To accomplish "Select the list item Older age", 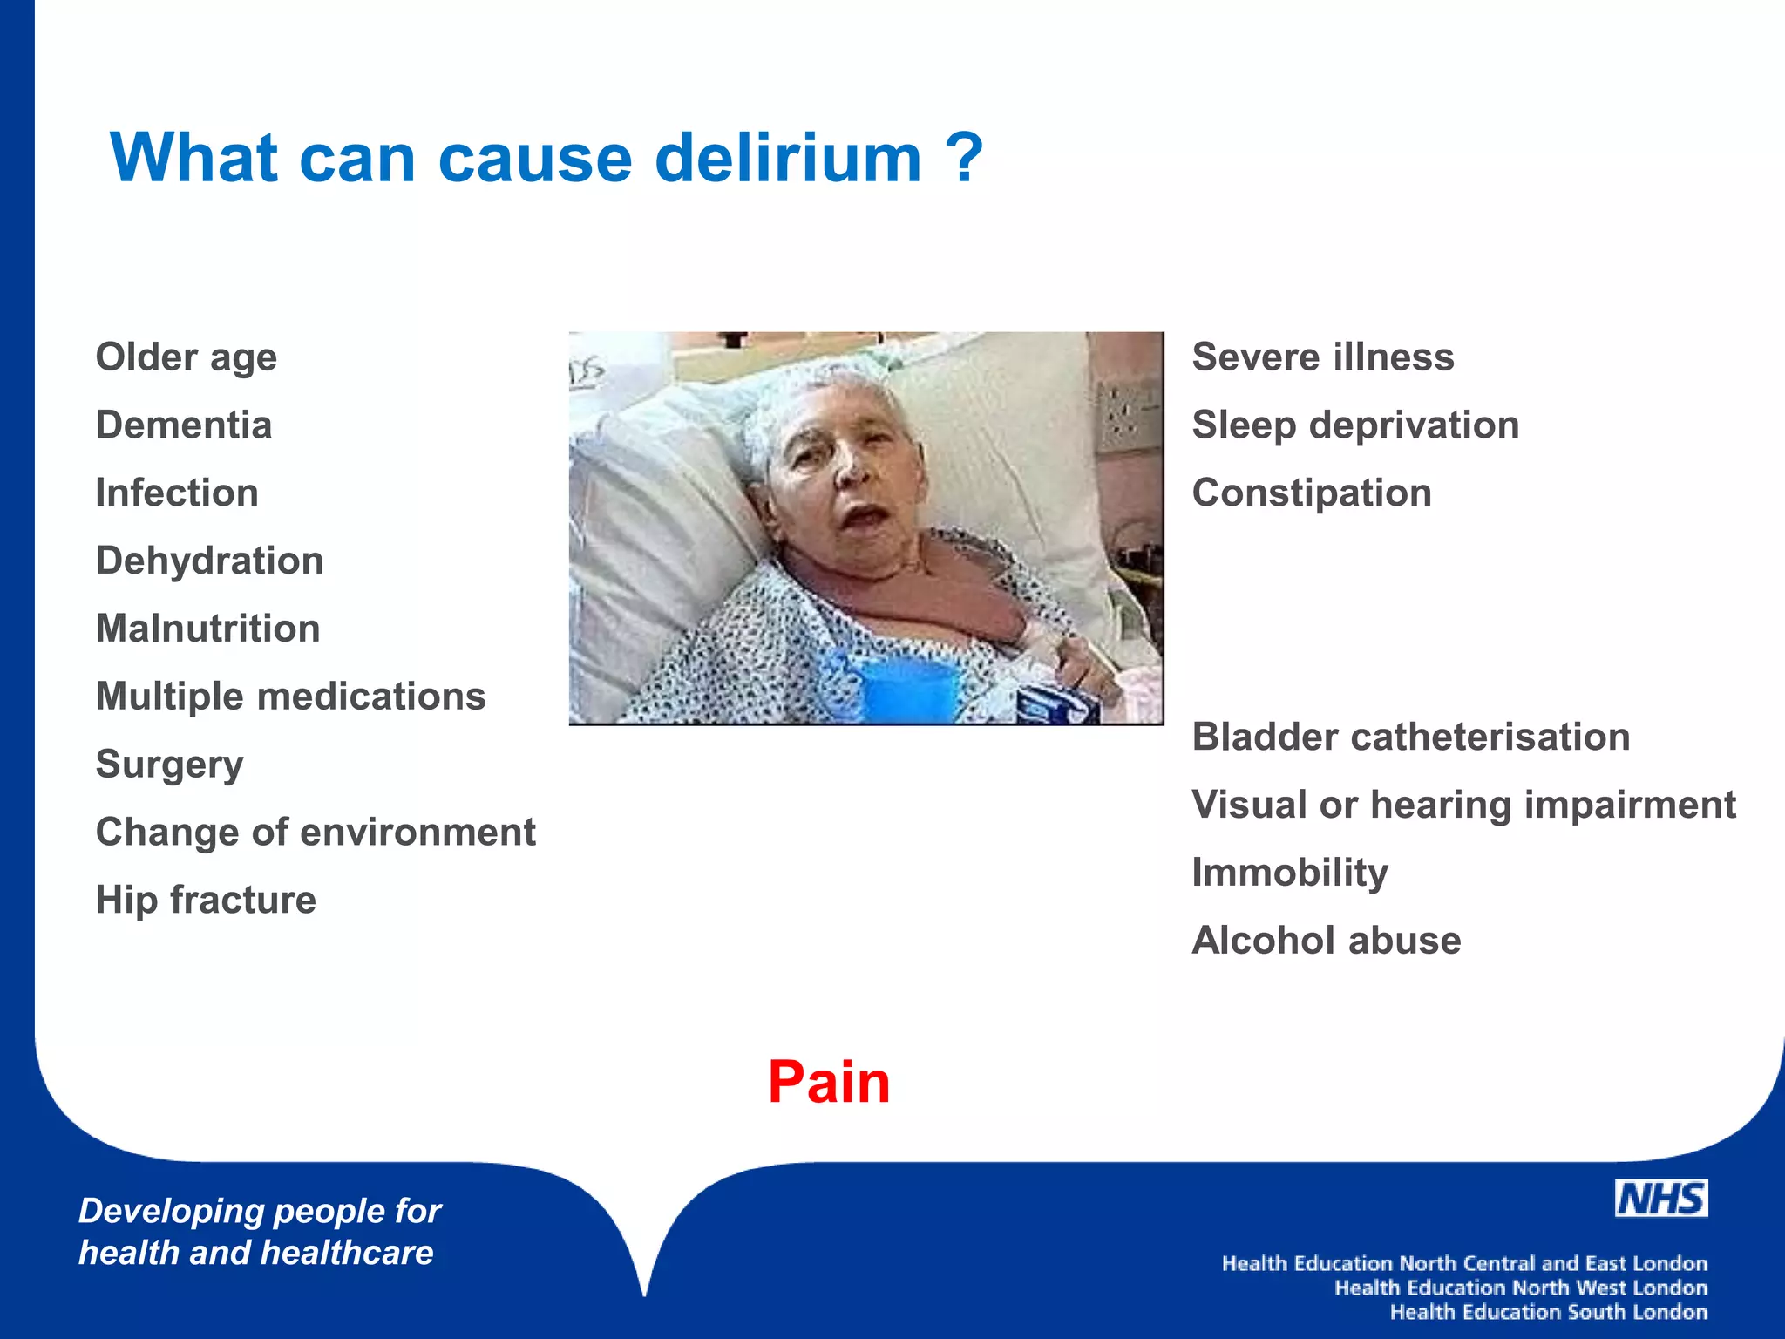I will (187, 357).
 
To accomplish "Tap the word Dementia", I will (184, 425).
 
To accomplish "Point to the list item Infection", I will (177, 493).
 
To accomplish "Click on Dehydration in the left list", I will (209, 561).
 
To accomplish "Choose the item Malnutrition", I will (207, 629).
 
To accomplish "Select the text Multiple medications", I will (290, 697).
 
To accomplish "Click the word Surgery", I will (169, 765).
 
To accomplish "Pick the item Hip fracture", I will (206, 900).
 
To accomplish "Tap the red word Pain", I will (829, 1082).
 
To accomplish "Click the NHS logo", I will (1660, 1199).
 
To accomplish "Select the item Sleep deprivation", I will (1355, 425).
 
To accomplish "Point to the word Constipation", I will (1312, 493).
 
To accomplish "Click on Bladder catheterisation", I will (1410, 737).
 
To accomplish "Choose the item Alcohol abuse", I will (1326, 941).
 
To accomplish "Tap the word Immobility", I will (1290, 873).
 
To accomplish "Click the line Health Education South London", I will (1548, 1312).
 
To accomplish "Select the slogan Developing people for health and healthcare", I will (259, 1231).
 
